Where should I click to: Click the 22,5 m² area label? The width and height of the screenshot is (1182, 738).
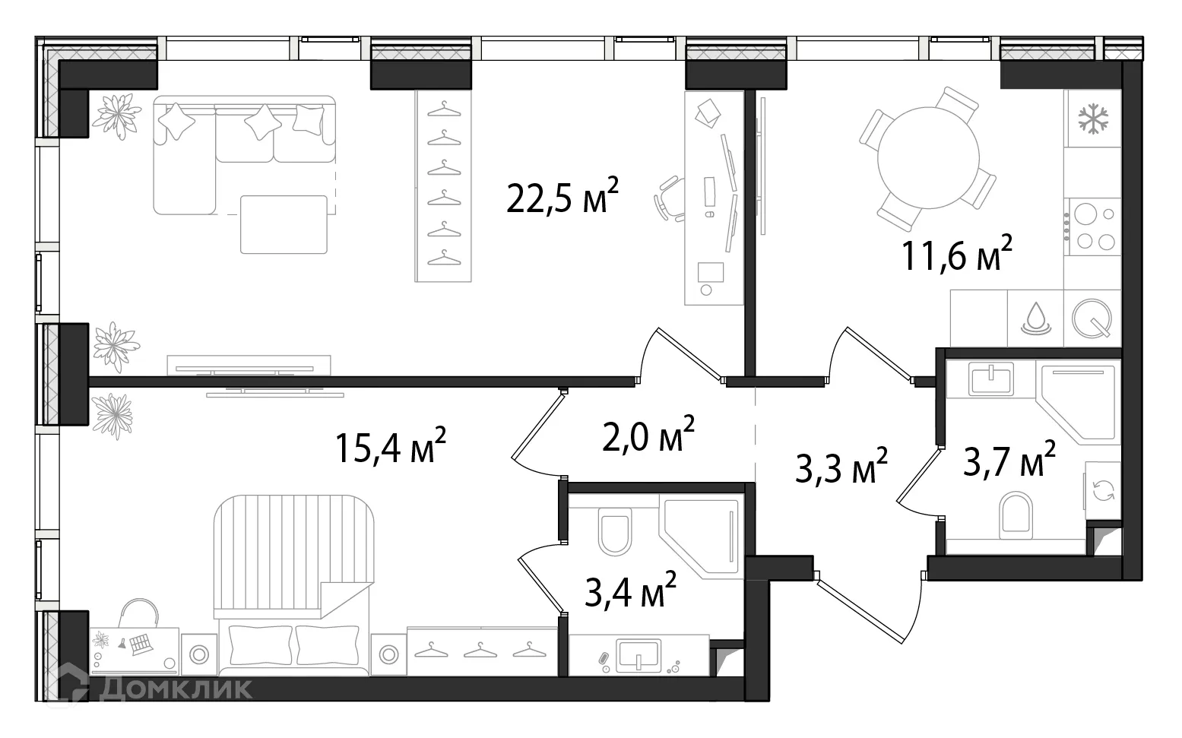click(x=562, y=198)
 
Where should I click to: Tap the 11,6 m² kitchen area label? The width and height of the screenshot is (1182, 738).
click(x=957, y=255)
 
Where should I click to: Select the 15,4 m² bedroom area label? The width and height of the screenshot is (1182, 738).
click(x=390, y=448)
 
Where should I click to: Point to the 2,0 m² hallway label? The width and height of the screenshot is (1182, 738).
click(x=648, y=436)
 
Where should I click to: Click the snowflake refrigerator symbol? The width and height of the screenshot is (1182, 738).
click(x=1093, y=119)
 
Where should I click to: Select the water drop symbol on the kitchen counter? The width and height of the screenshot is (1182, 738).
click(x=1035, y=318)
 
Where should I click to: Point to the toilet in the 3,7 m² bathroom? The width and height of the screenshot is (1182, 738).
click(x=1016, y=514)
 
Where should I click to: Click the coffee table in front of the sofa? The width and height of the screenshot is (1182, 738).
click(x=284, y=224)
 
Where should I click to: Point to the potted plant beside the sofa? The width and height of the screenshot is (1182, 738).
click(x=117, y=115)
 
